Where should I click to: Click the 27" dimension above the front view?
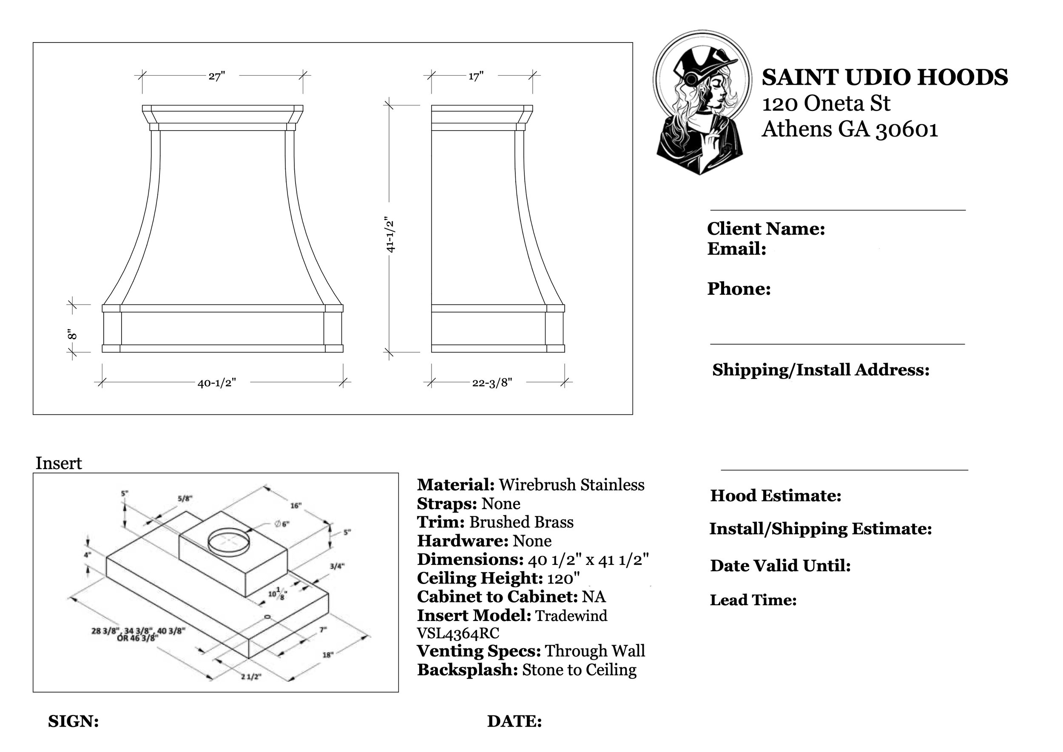(216, 77)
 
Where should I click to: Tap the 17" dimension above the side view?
(476, 77)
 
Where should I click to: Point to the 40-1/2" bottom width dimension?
(217, 383)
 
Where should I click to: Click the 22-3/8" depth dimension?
(492, 383)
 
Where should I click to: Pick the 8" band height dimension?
(71, 334)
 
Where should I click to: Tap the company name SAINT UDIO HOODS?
(884, 77)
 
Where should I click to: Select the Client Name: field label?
(766, 229)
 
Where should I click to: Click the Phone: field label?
(739, 289)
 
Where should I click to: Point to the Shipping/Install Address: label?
(820, 370)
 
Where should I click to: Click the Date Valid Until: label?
(780, 566)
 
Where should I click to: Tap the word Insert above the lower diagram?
(58, 464)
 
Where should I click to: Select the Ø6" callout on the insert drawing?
(282, 524)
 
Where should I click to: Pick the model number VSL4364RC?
(458, 633)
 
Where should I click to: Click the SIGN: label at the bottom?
(73, 721)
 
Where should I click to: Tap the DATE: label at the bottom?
(514, 721)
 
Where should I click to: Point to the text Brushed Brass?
(521, 522)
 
